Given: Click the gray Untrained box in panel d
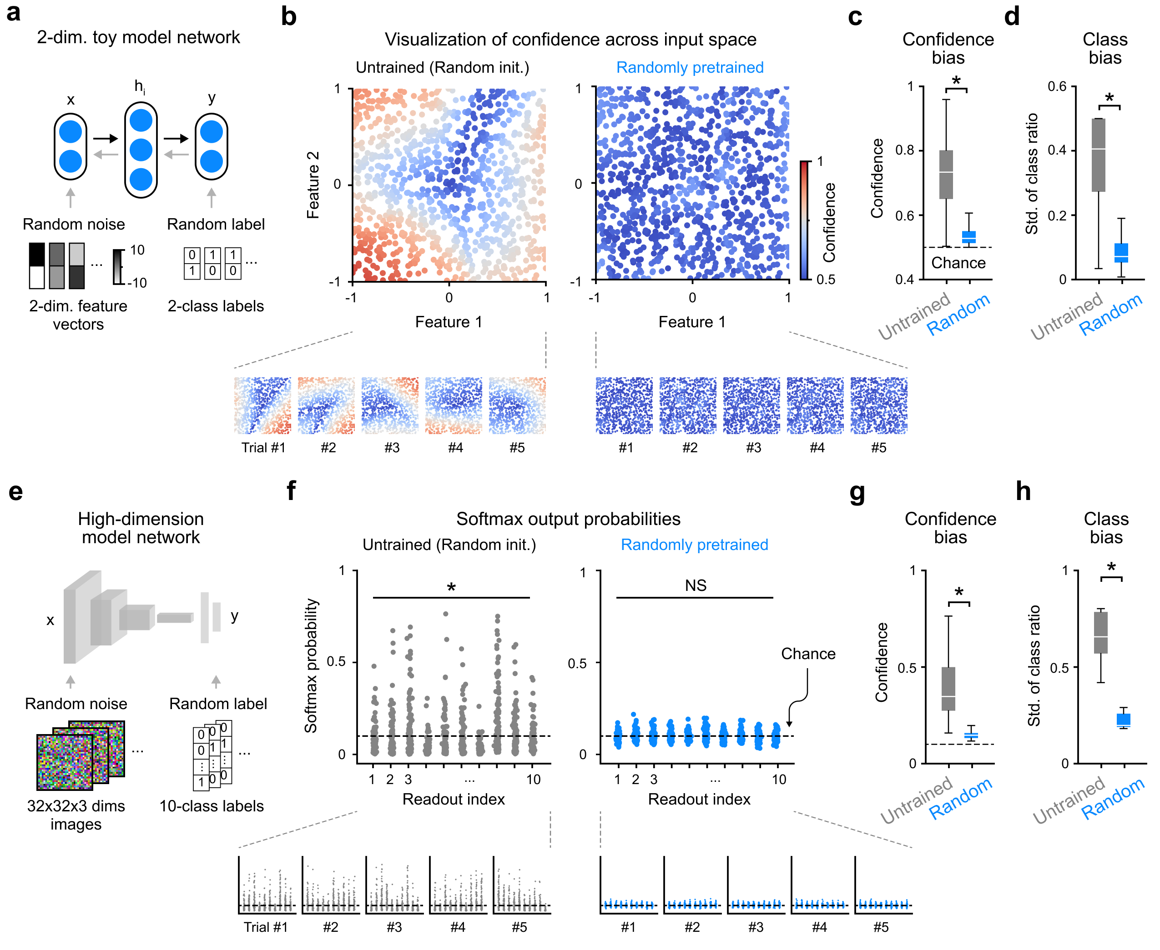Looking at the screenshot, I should pos(1098,155).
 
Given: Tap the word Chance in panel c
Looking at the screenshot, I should pos(958,263).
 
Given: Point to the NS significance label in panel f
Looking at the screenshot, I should pos(695,585).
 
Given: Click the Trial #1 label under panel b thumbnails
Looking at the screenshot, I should pos(263,448).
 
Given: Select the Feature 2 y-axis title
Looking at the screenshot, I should pos(313,185).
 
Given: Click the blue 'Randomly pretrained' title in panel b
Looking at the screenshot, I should pos(690,67).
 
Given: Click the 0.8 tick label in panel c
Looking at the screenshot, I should pos(904,150).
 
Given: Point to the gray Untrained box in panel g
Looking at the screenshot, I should pos(948,689).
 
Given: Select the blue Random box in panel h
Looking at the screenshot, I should pos(1123,720).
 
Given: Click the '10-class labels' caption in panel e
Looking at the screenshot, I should pos(212,806).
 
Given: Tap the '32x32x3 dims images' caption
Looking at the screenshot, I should pos(76,815).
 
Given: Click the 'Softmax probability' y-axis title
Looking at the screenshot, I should pos(311,665).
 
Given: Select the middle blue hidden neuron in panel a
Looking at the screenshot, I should pos(141,150).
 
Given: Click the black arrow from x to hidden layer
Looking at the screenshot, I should pos(106,138).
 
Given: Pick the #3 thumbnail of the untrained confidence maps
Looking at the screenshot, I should pos(389,405).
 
